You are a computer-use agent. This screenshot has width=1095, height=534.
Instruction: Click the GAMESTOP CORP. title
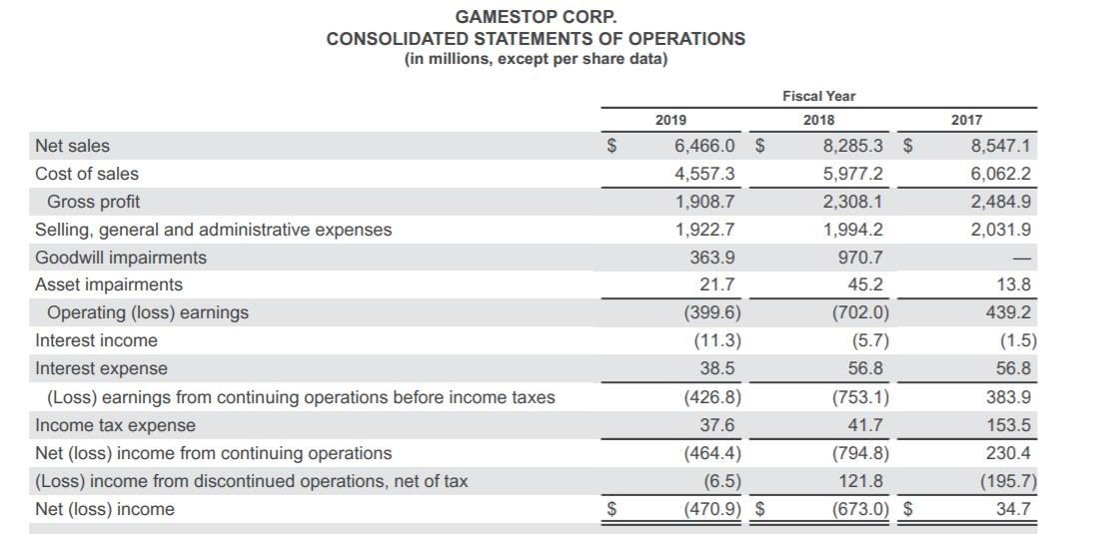536,17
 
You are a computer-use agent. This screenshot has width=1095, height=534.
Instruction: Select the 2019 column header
670,120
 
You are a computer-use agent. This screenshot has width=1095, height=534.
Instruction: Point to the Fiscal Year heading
818,96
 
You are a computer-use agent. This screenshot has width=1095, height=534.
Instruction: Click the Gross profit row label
93,202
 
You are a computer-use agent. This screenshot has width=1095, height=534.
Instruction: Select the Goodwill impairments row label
121,258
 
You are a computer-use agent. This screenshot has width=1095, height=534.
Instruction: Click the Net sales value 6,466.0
705,146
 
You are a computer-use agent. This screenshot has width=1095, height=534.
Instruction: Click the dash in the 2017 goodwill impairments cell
1022,258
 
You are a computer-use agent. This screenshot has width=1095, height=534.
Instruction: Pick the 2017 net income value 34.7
1013,509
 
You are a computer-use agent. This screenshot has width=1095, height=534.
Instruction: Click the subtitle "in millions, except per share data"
536,59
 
